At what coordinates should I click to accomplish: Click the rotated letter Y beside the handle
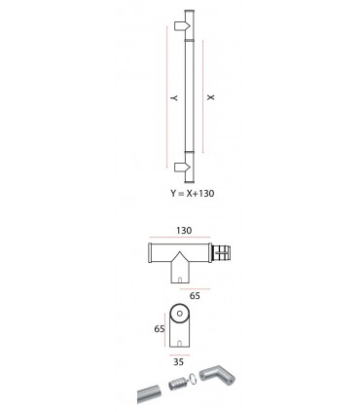[170, 97]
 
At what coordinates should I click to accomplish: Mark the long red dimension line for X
[203, 97]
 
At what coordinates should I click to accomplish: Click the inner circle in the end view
[179, 316]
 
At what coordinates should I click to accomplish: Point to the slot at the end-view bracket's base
[179, 344]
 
